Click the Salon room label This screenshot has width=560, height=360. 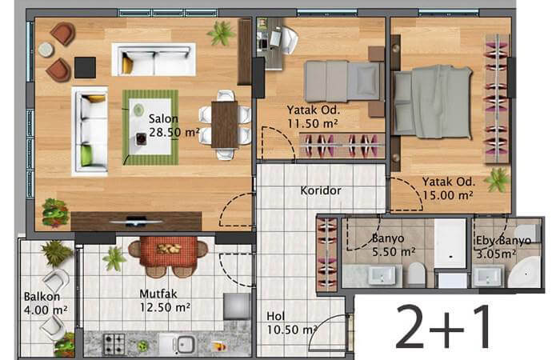(x=163, y=119)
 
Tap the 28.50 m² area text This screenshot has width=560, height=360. (x=174, y=133)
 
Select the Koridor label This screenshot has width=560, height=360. (x=321, y=190)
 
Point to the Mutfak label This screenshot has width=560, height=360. (x=158, y=294)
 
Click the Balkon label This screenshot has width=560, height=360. (x=42, y=297)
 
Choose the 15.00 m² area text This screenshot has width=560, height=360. (x=448, y=195)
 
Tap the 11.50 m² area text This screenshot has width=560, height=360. (x=313, y=123)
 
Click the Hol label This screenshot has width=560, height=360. (x=276, y=316)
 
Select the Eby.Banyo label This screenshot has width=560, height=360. (x=503, y=241)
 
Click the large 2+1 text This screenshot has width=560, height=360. (x=443, y=326)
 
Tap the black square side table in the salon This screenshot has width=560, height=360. (x=85, y=67)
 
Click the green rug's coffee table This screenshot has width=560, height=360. (x=150, y=126)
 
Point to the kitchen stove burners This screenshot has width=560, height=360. (x=114, y=344)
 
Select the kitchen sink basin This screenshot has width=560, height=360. (x=185, y=345)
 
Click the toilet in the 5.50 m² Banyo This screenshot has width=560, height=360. (x=416, y=274)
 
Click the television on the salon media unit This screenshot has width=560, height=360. (x=136, y=222)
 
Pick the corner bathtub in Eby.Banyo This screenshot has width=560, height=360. (x=524, y=272)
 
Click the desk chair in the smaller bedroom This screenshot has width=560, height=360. (x=289, y=40)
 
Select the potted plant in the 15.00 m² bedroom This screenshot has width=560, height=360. (x=498, y=180)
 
